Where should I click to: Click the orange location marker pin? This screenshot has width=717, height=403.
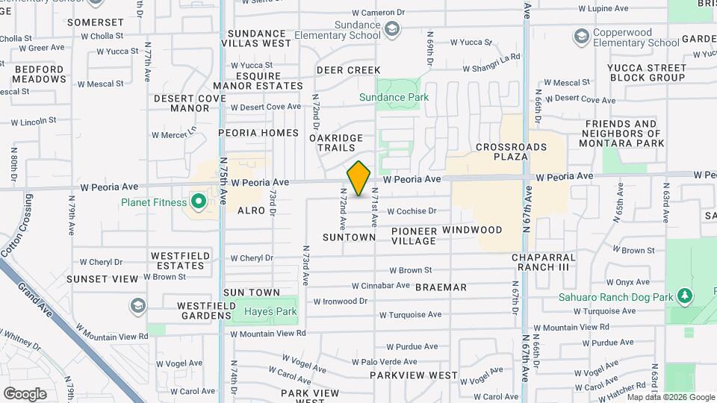click(x=359, y=178)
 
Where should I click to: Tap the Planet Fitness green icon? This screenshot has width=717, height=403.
click(x=199, y=201)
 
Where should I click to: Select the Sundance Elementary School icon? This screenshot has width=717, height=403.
click(x=391, y=30)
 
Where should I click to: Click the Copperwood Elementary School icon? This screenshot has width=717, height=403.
click(x=581, y=37)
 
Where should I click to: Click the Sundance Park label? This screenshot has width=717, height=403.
click(x=394, y=97)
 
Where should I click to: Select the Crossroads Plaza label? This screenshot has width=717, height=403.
click(x=511, y=151)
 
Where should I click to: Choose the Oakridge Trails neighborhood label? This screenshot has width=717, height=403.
click(x=336, y=143)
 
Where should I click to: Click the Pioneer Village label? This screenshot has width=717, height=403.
click(x=414, y=236)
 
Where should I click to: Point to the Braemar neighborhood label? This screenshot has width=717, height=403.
click(x=441, y=287)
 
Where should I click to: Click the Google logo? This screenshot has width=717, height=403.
click(x=25, y=393)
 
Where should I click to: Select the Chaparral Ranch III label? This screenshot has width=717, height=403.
click(x=546, y=262)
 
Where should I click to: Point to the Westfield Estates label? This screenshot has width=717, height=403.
click(x=178, y=260)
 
